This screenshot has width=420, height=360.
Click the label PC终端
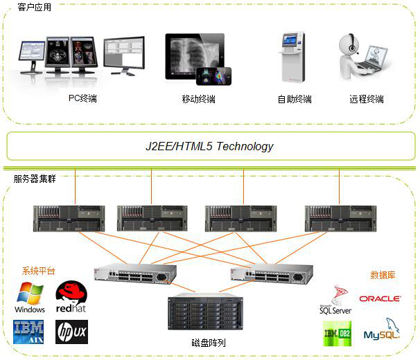pyautogui.click(x=82, y=98)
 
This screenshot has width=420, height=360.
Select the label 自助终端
pyautogui.click(x=295, y=99)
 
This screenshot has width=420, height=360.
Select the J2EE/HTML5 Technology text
pyautogui.click(x=209, y=146)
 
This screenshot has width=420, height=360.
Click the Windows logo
pyautogui.click(x=30, y=298)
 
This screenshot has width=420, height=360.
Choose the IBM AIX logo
pyautogui.click(x=29, y=331)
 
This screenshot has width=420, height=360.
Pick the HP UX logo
pyautogui.click(x=71, y=332)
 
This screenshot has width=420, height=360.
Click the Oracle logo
pyautogui.click(x=380, y=298)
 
